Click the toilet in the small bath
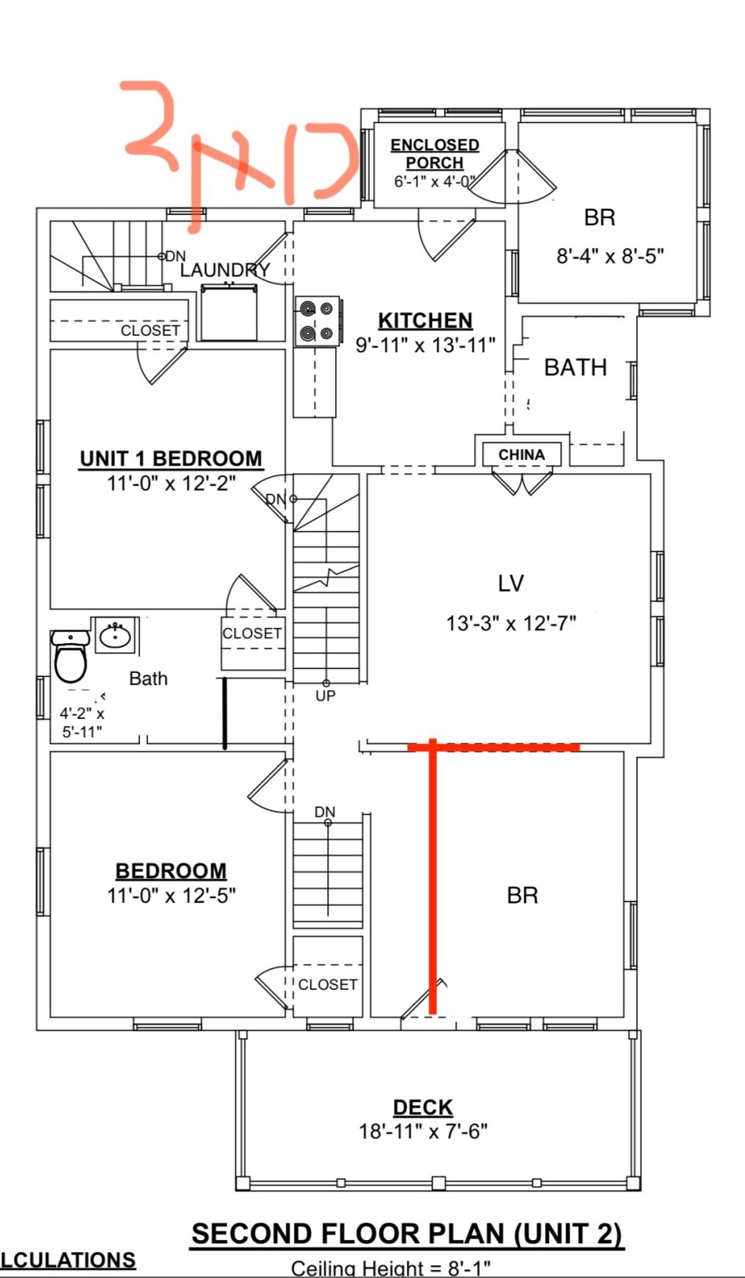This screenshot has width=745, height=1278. tap(70, 656)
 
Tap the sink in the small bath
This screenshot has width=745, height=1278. tap(116, 635)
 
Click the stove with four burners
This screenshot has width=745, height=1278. tap(318, 321)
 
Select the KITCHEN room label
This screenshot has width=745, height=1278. tap(425, 320)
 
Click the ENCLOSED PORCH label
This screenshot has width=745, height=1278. tap(435, 153)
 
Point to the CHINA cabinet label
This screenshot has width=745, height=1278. tap(521, 455)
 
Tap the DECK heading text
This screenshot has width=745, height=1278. tap(423, 1107)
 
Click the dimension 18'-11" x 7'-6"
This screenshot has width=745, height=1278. tap(423, 1131)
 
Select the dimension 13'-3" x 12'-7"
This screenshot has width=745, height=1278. tap(510, 623)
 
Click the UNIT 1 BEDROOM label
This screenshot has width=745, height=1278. tap(171, 459)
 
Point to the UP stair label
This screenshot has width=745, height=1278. tap(325, 696)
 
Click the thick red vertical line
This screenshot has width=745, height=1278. tap(433, 877)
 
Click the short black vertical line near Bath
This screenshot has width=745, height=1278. tap(225, 712)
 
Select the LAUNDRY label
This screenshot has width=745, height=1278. tap(224, 270)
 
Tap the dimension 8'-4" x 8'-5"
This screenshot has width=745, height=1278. tap(610, 256)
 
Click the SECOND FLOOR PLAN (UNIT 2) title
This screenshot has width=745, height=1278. tap(407, 1234)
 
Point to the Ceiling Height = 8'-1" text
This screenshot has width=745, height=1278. tap(391, 1269)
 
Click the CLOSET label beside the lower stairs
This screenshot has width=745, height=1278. tap(327, 984)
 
